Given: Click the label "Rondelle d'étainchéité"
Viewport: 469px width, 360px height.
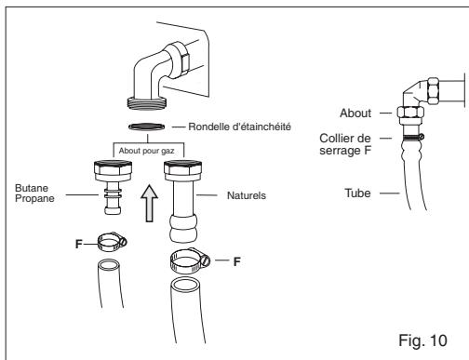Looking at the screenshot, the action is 240,127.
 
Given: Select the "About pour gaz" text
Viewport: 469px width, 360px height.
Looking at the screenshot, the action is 146,151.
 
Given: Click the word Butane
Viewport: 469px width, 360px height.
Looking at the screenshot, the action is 32,188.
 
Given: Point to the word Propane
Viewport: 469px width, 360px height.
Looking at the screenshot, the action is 34,198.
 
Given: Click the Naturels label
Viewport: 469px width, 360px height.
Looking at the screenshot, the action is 247,195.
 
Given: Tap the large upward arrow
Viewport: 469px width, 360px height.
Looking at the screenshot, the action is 150,204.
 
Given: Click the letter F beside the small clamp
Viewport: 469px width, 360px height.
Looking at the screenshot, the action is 79,244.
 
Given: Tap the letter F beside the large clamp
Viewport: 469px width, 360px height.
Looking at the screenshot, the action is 237,261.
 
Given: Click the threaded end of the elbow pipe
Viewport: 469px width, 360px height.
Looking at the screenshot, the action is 147,103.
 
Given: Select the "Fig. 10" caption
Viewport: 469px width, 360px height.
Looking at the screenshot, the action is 422,340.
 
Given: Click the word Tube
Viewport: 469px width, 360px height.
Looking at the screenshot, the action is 357,193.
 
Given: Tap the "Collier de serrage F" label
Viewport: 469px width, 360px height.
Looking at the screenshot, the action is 345,144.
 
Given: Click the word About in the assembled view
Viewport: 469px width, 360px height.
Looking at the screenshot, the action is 355,113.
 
